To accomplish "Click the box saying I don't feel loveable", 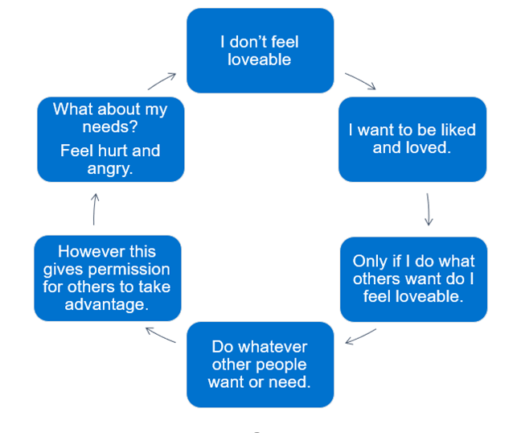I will click(260, 50).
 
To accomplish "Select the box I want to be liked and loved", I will click(412, 138).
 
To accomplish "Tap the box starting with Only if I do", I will click(413, 278).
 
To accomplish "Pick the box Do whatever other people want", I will click(260, 364).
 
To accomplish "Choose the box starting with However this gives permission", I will click(107, 278).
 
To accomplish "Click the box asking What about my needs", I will click(110, 138).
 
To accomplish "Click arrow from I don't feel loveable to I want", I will click(359, 81).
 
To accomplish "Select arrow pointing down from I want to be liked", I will click(429, 209).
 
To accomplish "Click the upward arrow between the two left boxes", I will click(95, 208).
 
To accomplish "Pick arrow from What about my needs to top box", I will click(162, 80).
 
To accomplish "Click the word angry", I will click(110, 168).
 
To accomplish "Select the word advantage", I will click(107, 304).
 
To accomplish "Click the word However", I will click(84, 251).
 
